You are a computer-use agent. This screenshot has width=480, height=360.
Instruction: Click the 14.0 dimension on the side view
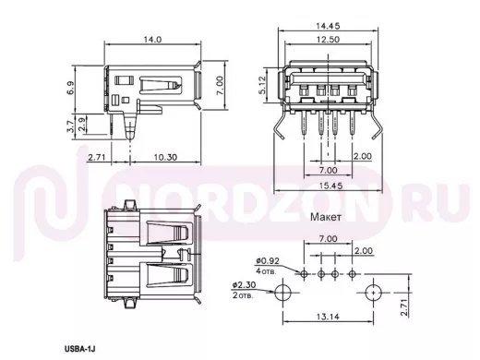click(x=152, y=40)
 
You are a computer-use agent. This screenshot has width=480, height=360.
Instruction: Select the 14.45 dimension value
click(x=328, y=26)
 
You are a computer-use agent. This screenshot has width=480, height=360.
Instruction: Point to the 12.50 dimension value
click(x=328, y=40)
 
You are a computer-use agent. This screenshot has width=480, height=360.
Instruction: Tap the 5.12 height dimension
click(x=262, y=85)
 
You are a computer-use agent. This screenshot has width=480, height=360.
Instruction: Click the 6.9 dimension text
click(x=70, y=88)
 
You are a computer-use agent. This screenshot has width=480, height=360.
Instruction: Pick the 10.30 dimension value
click(x=165, y=157)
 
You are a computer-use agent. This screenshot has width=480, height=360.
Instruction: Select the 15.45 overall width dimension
click(x=329, y=186)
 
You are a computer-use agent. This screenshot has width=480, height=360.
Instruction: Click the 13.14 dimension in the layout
click(x=328, y=317)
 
